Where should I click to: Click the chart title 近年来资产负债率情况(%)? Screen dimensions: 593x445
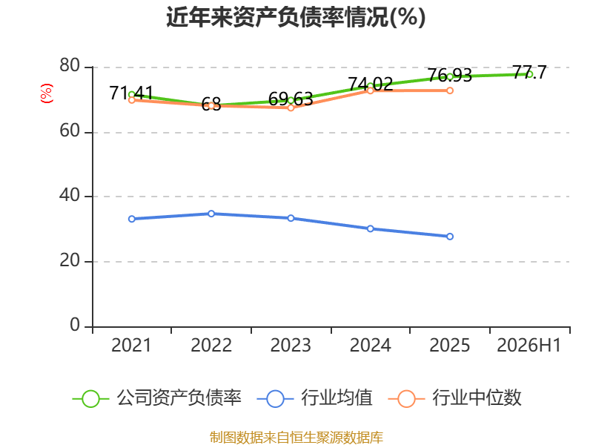[296, 17]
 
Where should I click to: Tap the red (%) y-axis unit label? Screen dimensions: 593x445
[46, 93]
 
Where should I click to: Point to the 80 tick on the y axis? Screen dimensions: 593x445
[70, 65]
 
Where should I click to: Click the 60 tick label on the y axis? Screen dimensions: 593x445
[70, 131]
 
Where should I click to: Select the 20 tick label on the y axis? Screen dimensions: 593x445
[70, 260]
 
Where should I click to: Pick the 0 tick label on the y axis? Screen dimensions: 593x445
[75, 325]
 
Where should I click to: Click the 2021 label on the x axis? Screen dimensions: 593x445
[131, 345]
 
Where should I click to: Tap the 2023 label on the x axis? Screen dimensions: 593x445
[291, 345]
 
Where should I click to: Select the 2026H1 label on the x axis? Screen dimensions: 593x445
[529, 345]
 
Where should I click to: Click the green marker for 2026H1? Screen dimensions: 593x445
[529, 74]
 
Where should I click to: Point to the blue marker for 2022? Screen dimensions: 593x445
[211, 214]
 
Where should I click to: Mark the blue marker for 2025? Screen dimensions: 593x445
[450, 237]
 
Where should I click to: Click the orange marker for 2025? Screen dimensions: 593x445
[450, 90]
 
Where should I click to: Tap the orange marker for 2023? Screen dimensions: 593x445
[291, 108]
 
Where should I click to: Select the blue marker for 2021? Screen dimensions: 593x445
[132, 219]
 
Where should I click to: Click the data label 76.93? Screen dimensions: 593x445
[450, 76]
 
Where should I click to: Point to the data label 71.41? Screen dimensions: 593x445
[131, 93]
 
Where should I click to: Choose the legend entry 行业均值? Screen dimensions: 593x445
[314, 398]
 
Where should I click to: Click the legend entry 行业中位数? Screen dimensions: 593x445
[455, 398]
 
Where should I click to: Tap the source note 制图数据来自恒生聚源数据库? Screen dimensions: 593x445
[296, 438]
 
